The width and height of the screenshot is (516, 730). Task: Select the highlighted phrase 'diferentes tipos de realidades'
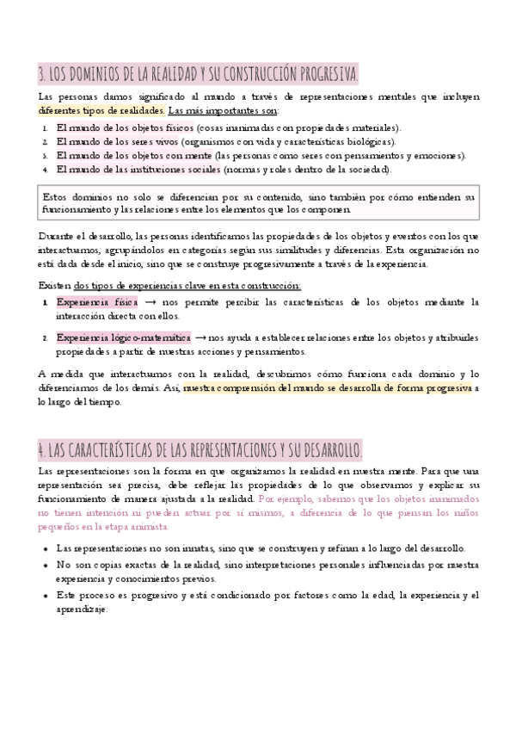coord(101,111)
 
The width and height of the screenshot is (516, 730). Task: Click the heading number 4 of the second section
coord(41,451)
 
